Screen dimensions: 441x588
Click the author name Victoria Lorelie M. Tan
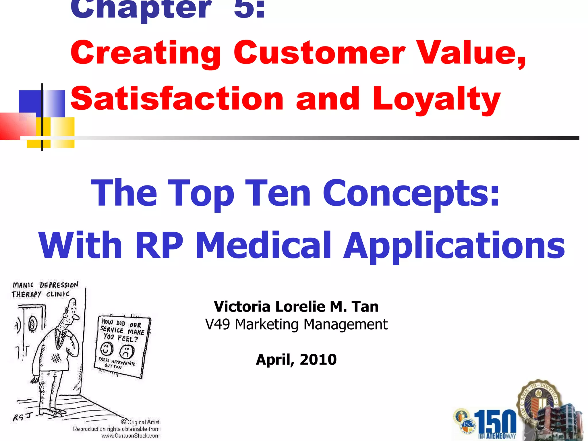pyautogui.click(x=296, y=307)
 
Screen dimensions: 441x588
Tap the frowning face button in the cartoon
pyautogui.click(x=127, y=351)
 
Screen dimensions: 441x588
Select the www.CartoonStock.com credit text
pyautogui.click(x=130, y=436)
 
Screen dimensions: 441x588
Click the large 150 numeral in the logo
pyautogui.click(x=495, y=422)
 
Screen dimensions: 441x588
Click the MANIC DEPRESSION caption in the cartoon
pyautogui.click(x=45, y=285)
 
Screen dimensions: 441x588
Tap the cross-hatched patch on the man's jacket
pyautogui.click(x=56, y=358)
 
